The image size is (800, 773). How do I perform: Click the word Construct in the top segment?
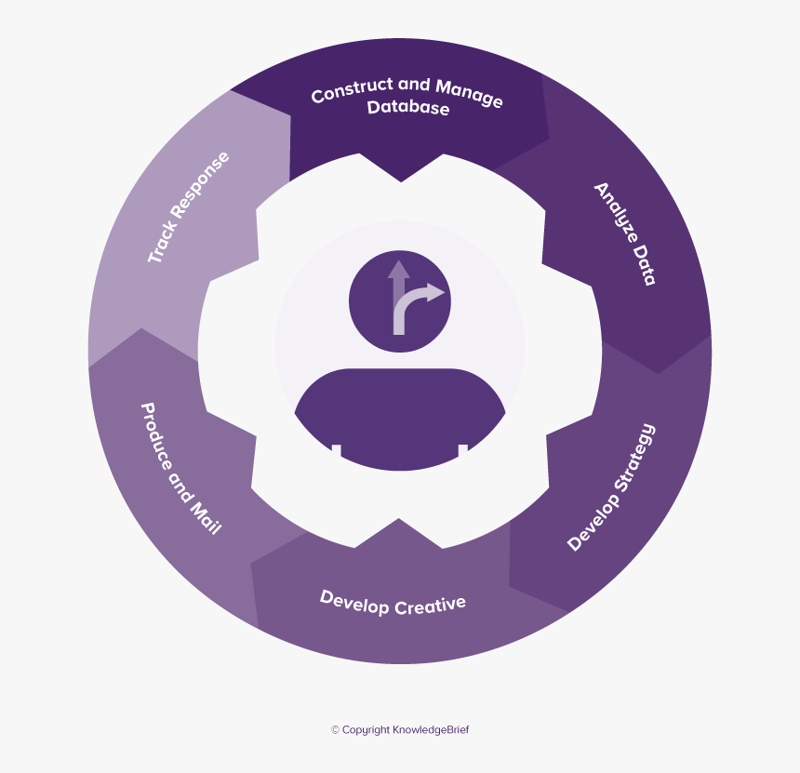click(x=346, y=92)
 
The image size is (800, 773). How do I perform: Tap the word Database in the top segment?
click(x=408, y=108)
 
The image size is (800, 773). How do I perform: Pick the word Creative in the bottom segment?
click(x=430, y=606)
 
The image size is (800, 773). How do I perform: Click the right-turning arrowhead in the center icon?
click(x=436, y=294)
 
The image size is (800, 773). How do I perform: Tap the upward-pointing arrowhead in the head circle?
click(x=399, y=270)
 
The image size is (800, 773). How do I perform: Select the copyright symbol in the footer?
click(x=335, y=730)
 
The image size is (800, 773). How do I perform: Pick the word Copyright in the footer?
click(x=367, y=730)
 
